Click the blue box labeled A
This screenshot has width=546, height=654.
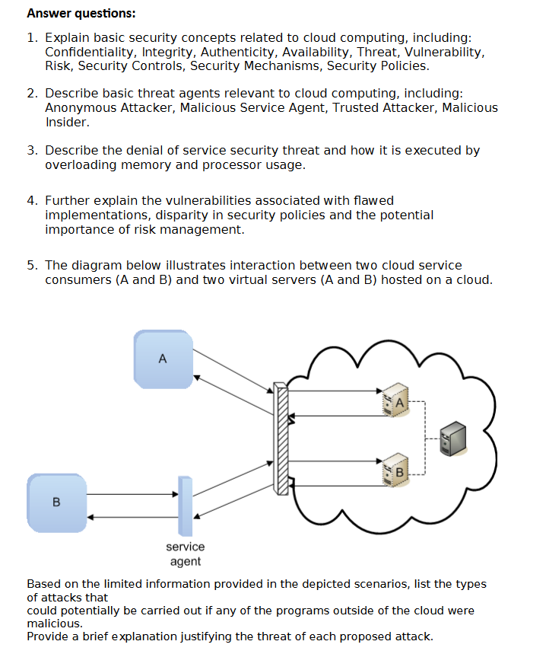point(162,359)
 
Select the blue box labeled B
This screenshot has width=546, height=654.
point(56,502)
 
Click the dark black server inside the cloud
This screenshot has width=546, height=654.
point(456,439)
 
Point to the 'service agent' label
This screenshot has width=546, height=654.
point(185,554)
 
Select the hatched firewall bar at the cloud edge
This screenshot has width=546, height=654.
point(282,440)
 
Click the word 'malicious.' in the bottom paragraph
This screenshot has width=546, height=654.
point(55,623)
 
